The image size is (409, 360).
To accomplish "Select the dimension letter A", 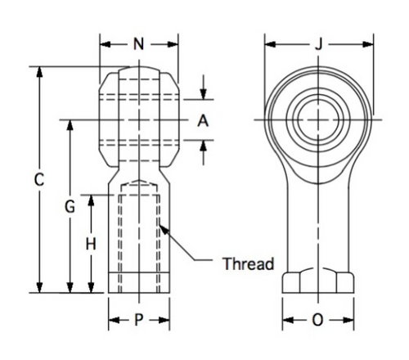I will pyautogui.click(x=204, y=120).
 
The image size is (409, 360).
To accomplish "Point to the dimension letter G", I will pyautogui.click(x=70, y=208).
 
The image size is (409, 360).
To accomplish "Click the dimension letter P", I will pyautogui.click(x=139, y=321).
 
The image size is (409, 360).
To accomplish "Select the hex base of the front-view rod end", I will pyautogui.click(x=318, y=281).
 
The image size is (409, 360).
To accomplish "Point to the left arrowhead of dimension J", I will pyautogui.click(x=267, y=45).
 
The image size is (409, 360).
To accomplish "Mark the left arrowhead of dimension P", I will pyautogui.click(x=112, y=321).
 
